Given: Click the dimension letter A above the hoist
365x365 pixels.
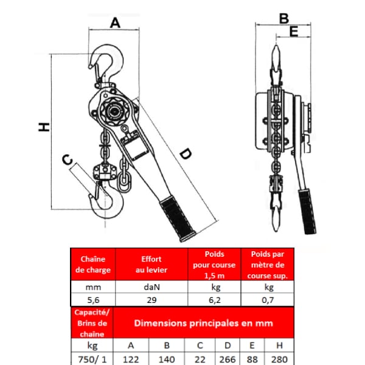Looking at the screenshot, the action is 115,23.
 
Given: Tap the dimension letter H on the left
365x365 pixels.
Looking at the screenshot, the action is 44,127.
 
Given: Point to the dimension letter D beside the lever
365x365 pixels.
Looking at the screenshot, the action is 186,154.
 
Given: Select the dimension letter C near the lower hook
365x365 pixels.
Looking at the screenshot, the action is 68,159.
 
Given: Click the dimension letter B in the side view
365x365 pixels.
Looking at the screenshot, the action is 283,19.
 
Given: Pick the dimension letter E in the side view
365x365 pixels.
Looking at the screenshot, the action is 294,32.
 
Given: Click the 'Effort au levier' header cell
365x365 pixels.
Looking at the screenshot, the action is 151,265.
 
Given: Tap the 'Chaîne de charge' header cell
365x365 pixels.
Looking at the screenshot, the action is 93,265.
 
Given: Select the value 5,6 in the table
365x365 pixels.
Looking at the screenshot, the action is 93,300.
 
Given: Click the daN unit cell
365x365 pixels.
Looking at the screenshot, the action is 151,287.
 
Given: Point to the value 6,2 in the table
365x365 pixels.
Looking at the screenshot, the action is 215,300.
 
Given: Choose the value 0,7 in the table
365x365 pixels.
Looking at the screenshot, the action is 268,300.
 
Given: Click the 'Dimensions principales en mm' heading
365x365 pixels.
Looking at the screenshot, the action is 203,324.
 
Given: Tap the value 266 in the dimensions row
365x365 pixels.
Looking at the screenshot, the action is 228,360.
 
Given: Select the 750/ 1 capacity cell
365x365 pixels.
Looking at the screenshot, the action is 92,360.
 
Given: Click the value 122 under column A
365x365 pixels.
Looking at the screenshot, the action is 131,360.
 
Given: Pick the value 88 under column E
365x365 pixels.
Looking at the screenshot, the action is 252,360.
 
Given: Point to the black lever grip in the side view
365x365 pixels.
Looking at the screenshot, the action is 307,211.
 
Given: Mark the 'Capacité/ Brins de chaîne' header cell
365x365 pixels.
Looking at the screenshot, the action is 92,323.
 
